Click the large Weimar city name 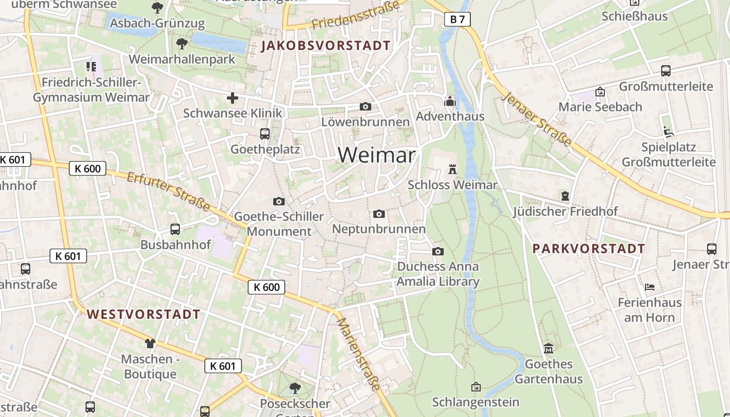[377, 155]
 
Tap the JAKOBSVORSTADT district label [326, 46]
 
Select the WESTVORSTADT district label [143, 314]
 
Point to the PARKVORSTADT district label [589, 249]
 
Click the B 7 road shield [457, 20]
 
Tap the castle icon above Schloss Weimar [452, 169]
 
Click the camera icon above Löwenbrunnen [366, 106]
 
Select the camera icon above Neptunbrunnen [379, 214]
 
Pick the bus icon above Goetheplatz [265, 134]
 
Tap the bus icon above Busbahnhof [175, 229]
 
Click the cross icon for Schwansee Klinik [233, 97]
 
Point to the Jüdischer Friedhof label [565, 212]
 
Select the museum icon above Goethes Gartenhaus [549, 348]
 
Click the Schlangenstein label [476, 402]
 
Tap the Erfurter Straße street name [168, 192]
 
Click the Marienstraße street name [359, 353]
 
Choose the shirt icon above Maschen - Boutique [150, 343]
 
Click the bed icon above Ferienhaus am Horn [650, 287]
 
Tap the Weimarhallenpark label [182, 59]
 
